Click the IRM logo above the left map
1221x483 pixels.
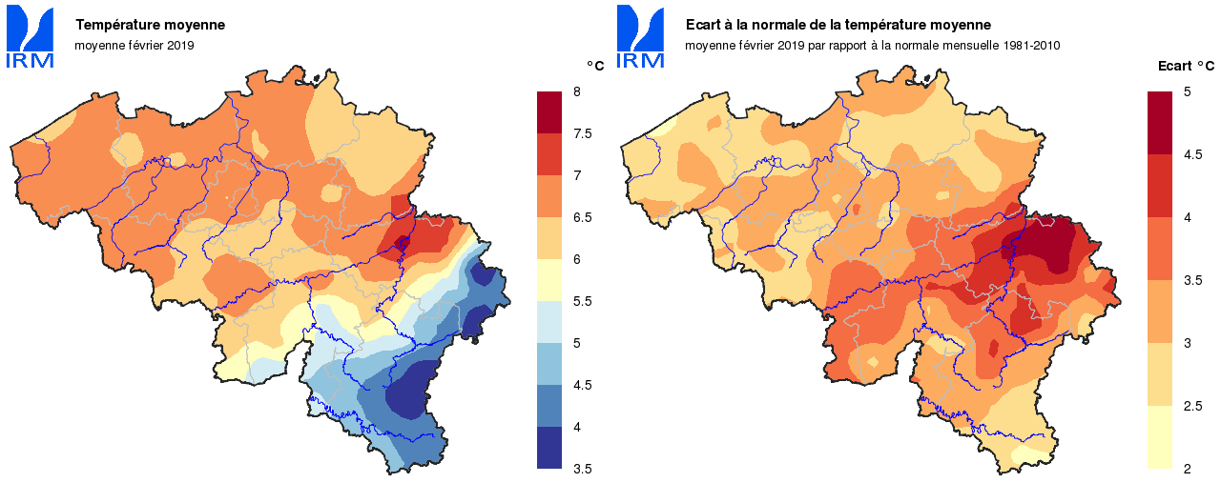point(31,37)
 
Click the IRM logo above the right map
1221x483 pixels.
point(640,37)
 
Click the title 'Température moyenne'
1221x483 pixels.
point(151,25)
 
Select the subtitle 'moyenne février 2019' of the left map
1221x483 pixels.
point(134,45)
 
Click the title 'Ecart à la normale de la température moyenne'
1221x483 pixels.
point(838,25)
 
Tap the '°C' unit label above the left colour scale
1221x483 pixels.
point(594,66)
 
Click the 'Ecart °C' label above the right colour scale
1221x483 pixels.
point(1186,66)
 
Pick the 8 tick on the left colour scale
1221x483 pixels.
point(576,91)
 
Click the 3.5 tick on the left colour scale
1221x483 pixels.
point(582,469)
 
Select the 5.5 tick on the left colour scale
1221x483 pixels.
point(582,301)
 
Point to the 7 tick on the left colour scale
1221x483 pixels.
point(576,175)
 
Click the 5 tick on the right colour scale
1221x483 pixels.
point(1187,91)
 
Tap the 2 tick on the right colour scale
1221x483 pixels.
point(1187,469)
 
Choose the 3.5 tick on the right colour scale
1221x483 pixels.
point(1192,280)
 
